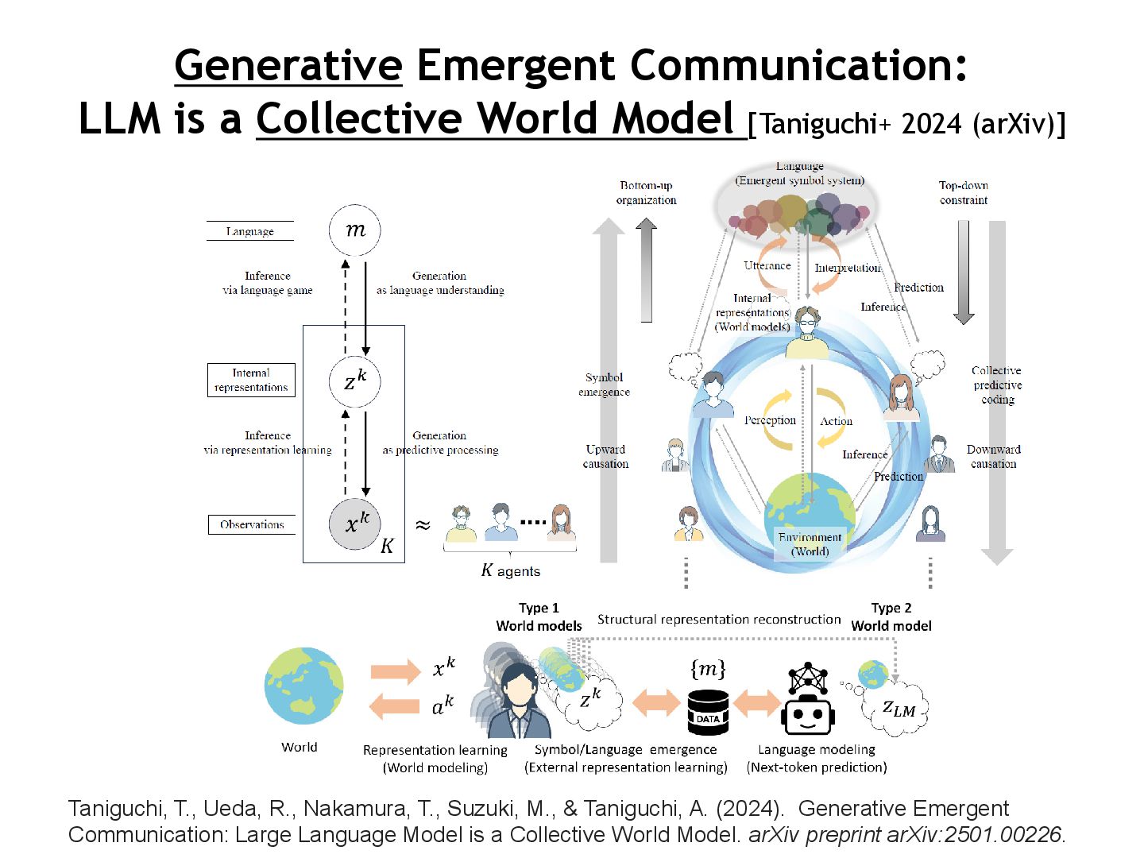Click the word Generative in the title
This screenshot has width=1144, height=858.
click(288, 65)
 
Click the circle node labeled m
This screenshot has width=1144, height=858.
click(355, 230)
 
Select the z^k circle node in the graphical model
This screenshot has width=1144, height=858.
click(355, 382)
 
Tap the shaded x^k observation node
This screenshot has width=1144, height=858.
click(355, 524)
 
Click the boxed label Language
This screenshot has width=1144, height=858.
click(249, 231)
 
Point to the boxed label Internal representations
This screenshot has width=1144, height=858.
click(251, 380)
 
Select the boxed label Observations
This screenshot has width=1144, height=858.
click(252, 524)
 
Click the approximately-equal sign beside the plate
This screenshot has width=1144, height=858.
click(423, 525)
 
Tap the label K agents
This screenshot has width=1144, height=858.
click(510, 570)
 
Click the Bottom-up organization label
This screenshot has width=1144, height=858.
click(646, 192)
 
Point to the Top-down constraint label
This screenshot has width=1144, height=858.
click(963, 192)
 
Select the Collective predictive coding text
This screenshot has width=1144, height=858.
click(997, 385)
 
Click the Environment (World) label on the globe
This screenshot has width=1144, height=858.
click(810, 544)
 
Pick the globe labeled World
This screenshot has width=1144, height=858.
click(304, 686)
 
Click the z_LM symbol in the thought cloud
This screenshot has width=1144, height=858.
click(899, 709)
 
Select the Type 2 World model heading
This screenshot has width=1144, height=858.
click(891, 616)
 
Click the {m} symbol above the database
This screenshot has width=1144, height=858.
click(708, 669)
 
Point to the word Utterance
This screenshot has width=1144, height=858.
click(767, 265)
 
